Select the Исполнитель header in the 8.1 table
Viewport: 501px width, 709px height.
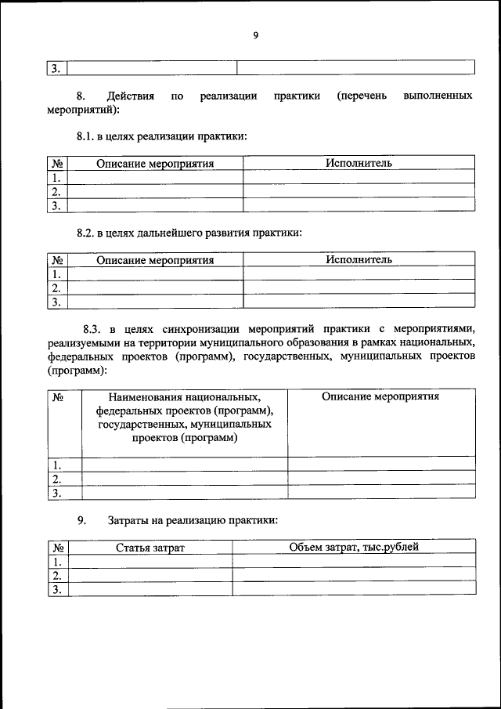coord(359,163)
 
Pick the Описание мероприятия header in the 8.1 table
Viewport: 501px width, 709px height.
coord(155,164)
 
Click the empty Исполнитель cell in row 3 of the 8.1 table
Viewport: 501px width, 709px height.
coord(359,205)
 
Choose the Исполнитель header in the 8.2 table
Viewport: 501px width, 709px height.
coord(359,259)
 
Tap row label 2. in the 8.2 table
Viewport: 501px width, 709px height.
coord(56,288)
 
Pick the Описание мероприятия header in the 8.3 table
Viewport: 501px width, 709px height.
coord(380,396)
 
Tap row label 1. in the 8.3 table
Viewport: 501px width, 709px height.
coord(56,465)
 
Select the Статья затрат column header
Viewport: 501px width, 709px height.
coord(150,548)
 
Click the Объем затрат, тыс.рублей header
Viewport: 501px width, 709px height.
coord(354,547)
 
